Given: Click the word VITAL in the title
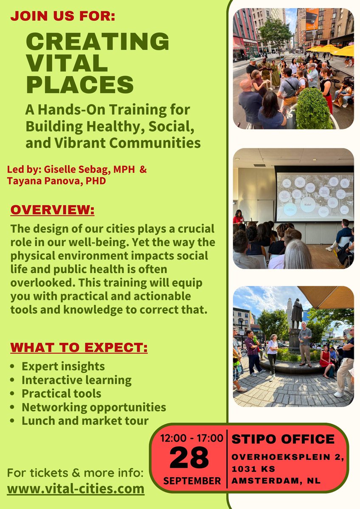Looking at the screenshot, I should [x=67, y=63].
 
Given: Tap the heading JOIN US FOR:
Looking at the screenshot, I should [x=63, y=17].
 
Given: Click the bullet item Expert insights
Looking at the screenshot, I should [x=63, y=366].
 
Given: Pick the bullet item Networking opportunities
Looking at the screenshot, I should [x=93, y=407].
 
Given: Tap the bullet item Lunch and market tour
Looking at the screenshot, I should [x=85, y=421].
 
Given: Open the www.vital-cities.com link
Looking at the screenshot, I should [x=76, y=489].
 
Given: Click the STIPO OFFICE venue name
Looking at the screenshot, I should [x=283, y=439].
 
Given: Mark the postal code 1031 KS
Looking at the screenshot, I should [x=253, y=469].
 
